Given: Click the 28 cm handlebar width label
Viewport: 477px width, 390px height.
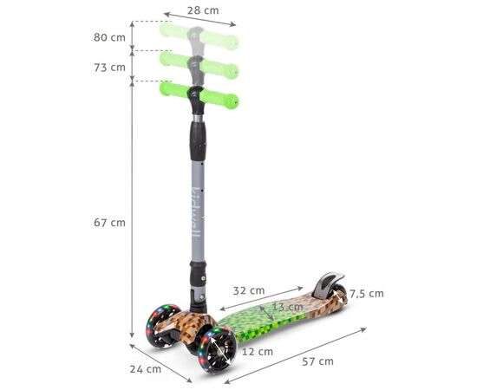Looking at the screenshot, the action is click(203, 10).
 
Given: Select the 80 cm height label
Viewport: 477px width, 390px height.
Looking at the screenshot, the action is click(109, 37).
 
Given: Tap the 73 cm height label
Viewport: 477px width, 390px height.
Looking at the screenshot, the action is click(109, 68).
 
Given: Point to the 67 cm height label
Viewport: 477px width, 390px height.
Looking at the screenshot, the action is click(109, 223).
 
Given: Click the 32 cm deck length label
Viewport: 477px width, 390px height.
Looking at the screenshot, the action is click(249, 290).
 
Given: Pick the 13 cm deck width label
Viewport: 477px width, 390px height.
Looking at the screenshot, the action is click(287, 307).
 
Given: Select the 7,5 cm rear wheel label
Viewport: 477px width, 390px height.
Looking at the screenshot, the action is click(366, 294).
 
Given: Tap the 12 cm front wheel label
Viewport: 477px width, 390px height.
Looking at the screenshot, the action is click(258, 352).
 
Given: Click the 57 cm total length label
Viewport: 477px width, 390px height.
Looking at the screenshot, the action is click(318, 361).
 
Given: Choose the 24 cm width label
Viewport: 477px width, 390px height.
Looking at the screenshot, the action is click(146, 369).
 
